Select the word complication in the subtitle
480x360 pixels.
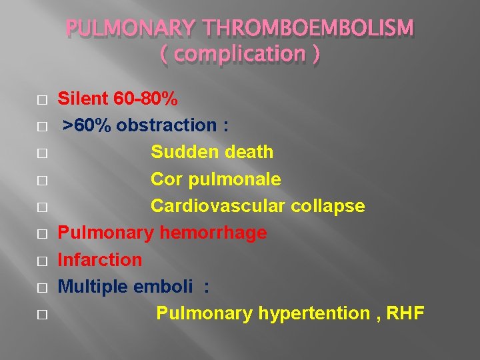click(x=240, y=55)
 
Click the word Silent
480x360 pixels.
click(x=83, y=99)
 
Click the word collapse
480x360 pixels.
click(x=327, y=207)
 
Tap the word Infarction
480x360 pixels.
click(x=100, y=259)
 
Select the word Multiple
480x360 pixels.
click(x=93, y=287)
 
